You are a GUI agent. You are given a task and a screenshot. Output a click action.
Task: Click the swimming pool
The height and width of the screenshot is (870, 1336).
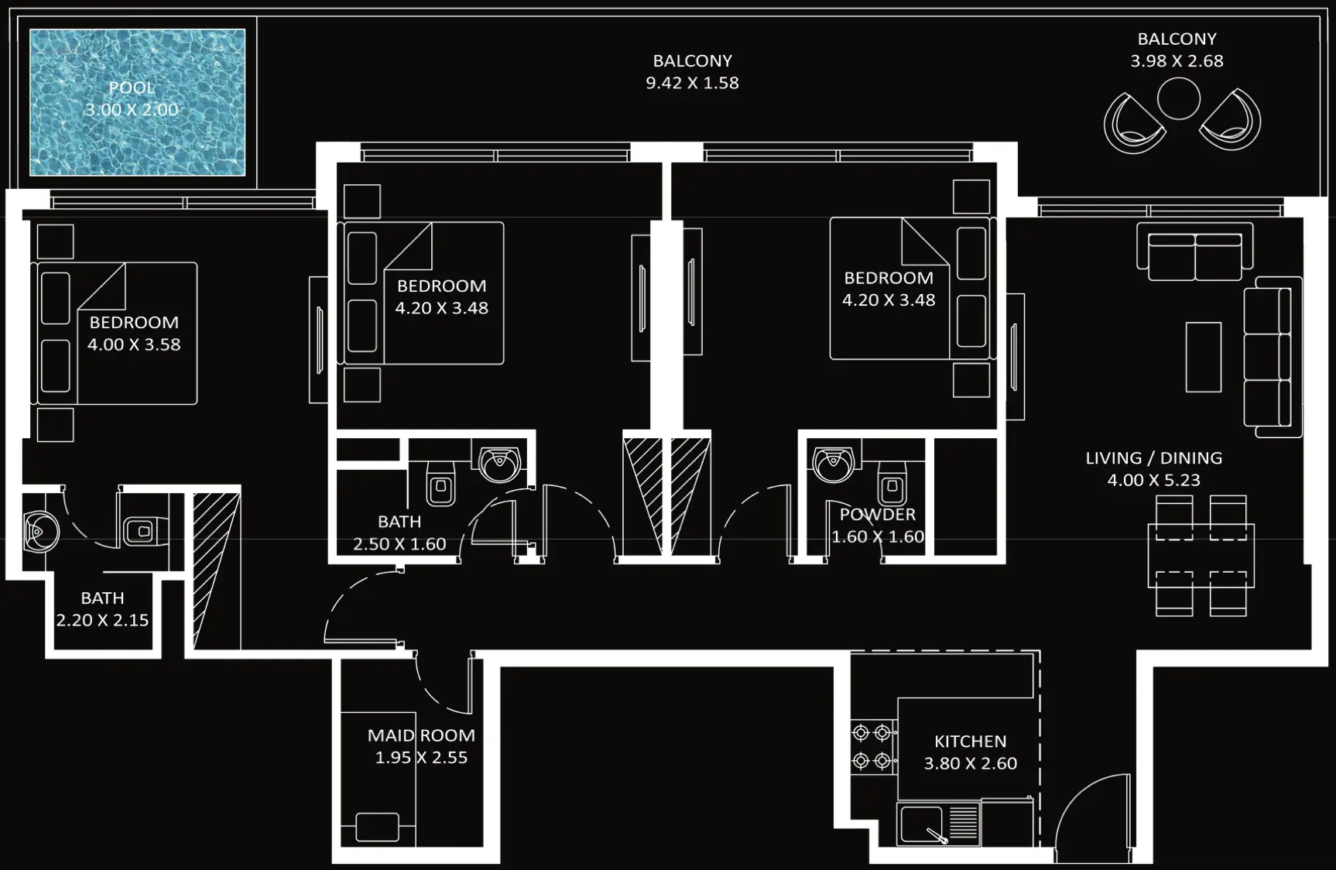137,102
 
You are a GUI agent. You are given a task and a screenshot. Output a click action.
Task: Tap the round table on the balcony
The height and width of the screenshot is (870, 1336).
1178,98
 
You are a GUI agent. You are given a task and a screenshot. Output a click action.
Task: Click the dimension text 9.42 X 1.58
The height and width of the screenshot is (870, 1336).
692,83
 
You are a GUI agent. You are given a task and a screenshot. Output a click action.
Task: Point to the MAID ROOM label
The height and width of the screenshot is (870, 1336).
421,735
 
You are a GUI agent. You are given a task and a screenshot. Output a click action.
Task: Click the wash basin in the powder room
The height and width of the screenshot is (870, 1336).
833,462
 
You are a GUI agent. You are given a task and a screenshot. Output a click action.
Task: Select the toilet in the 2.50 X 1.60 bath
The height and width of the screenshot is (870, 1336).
441,484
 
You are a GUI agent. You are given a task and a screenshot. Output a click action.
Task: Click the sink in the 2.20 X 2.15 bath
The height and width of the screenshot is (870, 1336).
39,531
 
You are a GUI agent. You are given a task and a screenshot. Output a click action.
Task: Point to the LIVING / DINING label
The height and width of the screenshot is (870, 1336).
1153,458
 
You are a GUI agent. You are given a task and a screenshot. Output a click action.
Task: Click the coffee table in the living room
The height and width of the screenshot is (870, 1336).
1203,357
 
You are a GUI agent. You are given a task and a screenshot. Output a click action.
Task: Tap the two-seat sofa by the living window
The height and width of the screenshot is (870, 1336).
1194,253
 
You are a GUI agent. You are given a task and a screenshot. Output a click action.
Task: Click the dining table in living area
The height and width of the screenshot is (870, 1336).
1201,556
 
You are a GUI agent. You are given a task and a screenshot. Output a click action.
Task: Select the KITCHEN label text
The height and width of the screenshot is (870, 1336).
970,742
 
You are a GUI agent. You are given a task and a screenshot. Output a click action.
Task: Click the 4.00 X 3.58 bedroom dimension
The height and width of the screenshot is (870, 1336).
134,344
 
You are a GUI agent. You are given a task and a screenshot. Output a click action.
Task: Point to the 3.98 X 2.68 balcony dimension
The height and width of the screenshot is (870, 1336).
1177,61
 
